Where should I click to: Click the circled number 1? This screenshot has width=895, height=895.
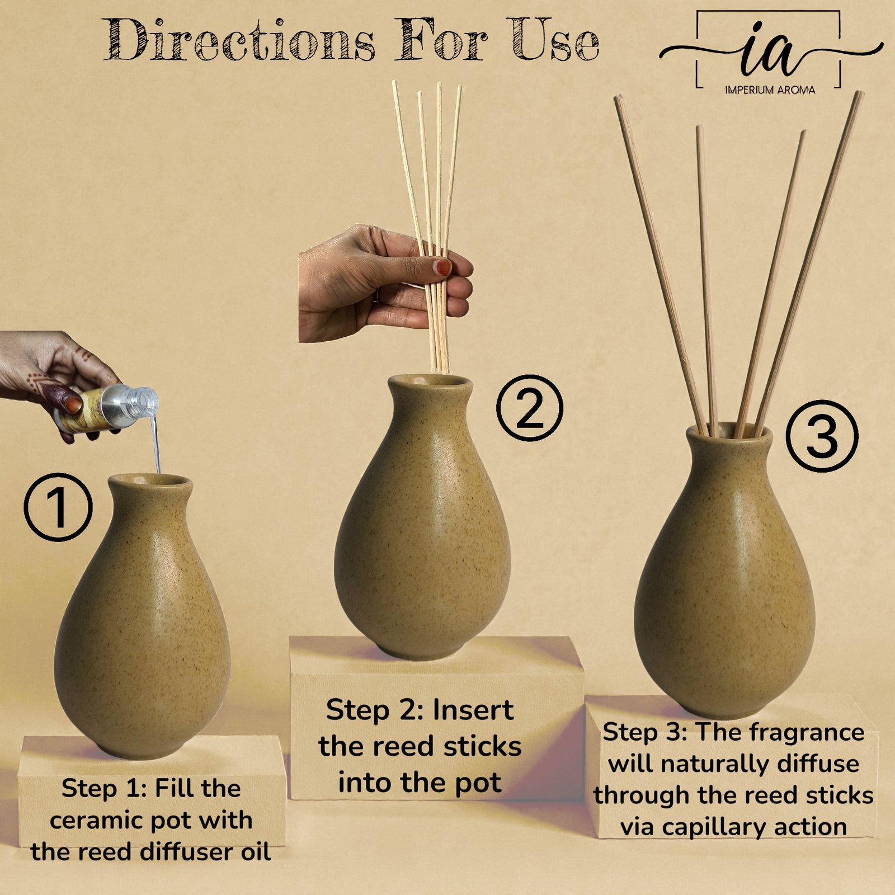coord(58,507)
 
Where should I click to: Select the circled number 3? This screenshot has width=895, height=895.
coord(822,435)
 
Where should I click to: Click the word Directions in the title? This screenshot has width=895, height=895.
coord(239,40)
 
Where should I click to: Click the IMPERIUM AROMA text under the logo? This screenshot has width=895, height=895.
coord(770,90)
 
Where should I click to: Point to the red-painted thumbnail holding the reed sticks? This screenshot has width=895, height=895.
coord(443,267)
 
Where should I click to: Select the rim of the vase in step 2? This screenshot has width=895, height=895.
coord(430,383)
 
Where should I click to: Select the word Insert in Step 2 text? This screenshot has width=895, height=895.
coord(473,710)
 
